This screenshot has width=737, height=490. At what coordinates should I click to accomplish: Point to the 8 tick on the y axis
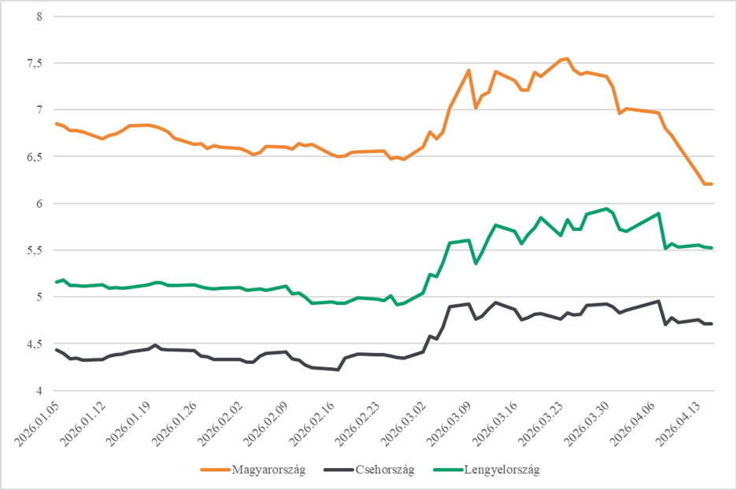point(40,16)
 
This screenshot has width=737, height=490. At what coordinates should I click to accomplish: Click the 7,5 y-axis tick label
point(35,63)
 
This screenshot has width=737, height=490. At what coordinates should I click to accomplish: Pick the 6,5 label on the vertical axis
point(35,157)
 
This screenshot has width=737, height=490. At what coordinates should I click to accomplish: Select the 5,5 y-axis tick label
point(35,251)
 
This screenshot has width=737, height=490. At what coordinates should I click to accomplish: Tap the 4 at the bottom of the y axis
point(40,391)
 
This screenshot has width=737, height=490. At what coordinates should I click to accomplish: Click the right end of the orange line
point(712,184)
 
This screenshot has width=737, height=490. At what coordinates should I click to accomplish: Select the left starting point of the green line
point(55,282)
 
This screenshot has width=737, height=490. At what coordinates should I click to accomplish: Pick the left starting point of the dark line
point(55,349)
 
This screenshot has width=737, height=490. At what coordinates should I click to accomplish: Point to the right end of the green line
point(712,248)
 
